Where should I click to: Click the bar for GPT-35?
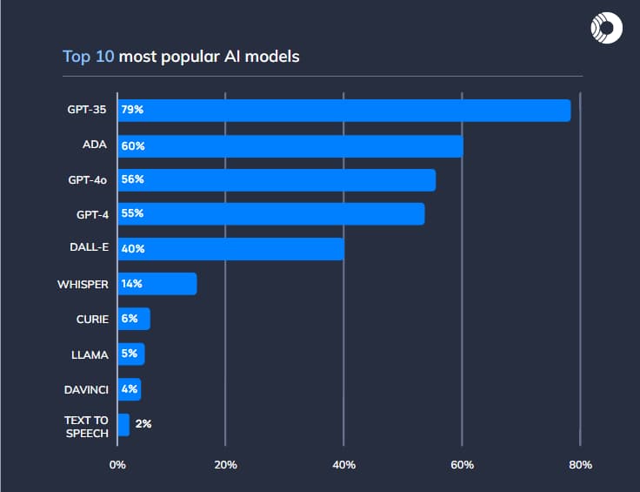click(343, 111)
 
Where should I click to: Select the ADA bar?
click(290, 145)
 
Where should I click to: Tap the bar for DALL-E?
click(230, 249)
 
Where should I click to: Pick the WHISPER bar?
click(157, 284)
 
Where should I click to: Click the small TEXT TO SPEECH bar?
click(123, 425)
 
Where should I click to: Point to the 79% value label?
click(132, 111)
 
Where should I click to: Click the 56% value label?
click(132, 179)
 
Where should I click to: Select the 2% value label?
click(143, 424)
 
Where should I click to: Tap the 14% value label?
click(132, 284)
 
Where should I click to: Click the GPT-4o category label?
click(88, 179)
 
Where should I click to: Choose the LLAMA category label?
click(90, 354)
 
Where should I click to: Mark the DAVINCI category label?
click(85, 388)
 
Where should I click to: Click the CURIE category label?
click(92, 319)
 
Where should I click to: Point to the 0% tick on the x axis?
click(117, 464)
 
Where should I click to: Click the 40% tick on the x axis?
click(343, 464)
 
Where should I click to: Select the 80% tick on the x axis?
click(580, 464)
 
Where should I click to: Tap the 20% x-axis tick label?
click(225, 464)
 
